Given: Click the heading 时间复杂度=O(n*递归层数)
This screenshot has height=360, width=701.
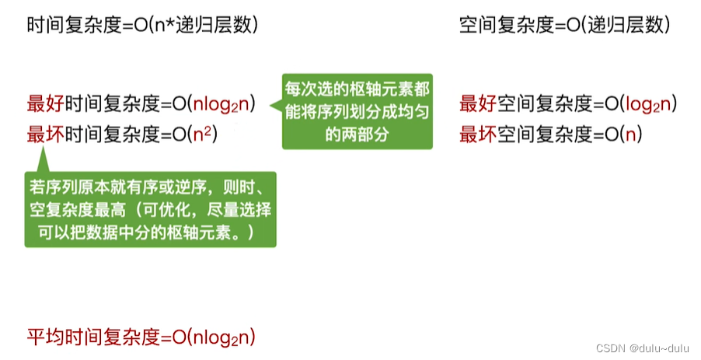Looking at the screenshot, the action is (x=142, y=25).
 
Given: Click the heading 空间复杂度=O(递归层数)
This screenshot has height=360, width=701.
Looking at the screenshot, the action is (x=564, y=25).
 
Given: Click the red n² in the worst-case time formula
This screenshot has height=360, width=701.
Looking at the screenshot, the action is (x=202, y=135).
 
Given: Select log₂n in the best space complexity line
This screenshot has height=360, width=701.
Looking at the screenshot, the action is (x=644, y=104).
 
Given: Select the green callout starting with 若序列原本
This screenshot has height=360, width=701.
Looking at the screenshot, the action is (x=151, y=210).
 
